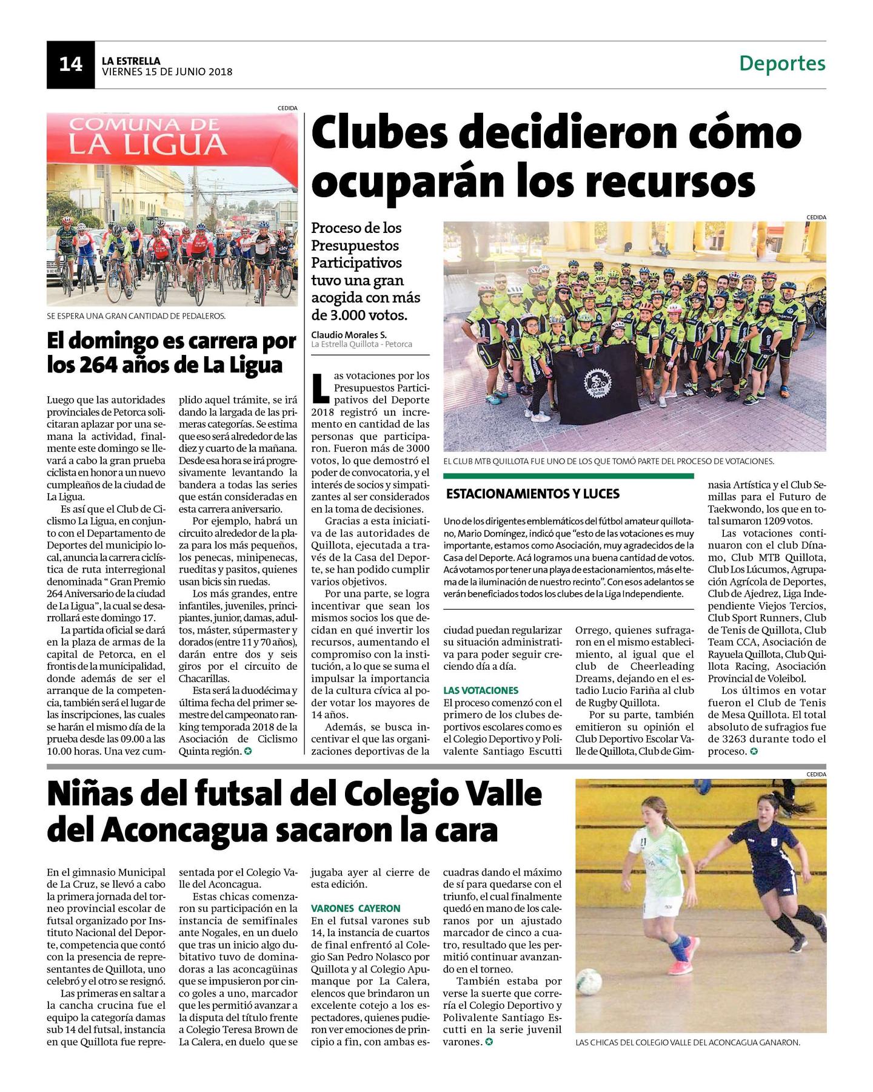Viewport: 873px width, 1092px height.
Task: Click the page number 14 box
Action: [x=70, y=65]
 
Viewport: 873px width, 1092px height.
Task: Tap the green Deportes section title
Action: [x=782, y=63]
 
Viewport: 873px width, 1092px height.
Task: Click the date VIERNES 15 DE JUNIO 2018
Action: [x=167, y=72]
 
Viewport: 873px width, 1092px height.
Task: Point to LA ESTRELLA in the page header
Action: [x=131, y=61]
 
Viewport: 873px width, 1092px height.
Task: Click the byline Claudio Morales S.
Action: [x=349, y=334]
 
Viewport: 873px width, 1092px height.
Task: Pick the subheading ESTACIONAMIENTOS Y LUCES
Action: [x=533, y=494]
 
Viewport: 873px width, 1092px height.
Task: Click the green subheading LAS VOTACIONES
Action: [x=481, y=690]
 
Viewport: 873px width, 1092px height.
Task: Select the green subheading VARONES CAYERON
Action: [x=355, y=908]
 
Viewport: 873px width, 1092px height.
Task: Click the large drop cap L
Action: [x=321, y=389]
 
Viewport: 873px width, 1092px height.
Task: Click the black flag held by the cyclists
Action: [x=598, y=386]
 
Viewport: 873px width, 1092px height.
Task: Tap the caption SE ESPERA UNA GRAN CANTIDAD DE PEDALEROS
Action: [x=136, y=315]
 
